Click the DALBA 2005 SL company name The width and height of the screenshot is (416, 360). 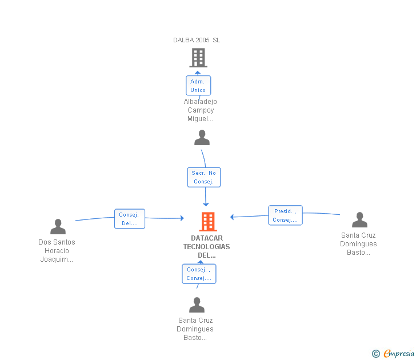(197, 40)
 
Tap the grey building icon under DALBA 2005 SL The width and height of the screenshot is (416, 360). (198, 58)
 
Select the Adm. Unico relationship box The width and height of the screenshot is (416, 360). (198, 86)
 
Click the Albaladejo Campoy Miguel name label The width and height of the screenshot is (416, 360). (200, 110)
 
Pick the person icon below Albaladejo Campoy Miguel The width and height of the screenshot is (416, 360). (202, 138)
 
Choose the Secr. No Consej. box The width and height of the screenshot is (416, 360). (204, 177)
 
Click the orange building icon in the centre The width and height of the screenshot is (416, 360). (207, 221)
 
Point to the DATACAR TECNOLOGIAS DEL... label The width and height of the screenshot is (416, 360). (207, 247)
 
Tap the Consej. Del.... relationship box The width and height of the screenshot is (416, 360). (130, 219)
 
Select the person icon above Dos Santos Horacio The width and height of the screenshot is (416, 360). (58, 227)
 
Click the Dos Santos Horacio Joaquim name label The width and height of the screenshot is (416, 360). (57, 250)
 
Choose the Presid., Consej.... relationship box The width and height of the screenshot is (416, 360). (285, 215)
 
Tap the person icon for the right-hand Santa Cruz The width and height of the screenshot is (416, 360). (359, 220)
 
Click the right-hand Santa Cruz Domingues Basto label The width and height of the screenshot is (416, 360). (359, 244)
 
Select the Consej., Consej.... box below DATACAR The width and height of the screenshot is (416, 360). (199, 274)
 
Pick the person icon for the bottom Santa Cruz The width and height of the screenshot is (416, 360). (197, 305)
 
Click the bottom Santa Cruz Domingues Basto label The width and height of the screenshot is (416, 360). (195, 329)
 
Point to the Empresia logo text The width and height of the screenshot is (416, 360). (399, 353)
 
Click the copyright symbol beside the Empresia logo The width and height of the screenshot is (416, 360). (376, 354)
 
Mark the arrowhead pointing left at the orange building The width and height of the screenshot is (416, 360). (232, 217)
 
